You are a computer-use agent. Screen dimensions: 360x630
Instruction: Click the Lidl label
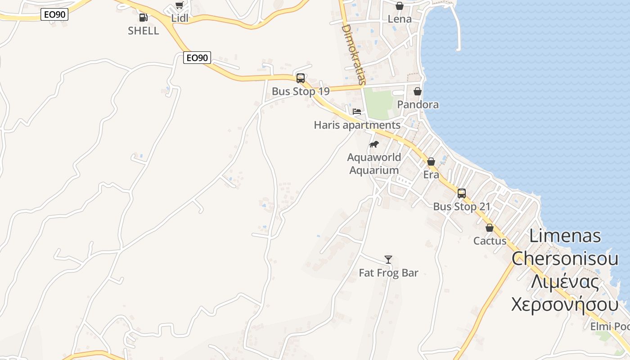coord(180,18)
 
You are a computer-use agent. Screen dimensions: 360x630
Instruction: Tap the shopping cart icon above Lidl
coord(180,5)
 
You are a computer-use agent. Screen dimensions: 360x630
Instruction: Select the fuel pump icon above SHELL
coord(143,18)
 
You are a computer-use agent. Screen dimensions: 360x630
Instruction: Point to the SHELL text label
coord(143,31)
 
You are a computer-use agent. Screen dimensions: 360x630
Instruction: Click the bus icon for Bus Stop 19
coord(301,78)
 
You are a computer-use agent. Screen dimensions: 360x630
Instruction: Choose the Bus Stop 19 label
coord(301,91)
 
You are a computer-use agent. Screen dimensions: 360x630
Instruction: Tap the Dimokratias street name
coord(353,54)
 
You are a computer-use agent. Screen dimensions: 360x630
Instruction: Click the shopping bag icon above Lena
coord(399,6)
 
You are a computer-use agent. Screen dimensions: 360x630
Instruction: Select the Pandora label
coord(418,104)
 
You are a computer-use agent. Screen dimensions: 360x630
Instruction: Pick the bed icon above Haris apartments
coord(357,112)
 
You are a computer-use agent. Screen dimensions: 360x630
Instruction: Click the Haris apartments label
coord(357,125)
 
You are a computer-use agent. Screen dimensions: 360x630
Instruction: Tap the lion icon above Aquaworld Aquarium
coord(373,144)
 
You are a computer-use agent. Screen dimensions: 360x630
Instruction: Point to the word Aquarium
coord(374,171)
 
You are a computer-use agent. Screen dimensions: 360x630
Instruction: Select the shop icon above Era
coord(431,162)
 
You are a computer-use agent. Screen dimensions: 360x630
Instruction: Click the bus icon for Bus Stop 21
coord(462,193)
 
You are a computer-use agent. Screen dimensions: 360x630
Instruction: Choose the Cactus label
coord(490,241)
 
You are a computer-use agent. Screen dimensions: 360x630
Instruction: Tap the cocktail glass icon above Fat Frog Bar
coord(388,260)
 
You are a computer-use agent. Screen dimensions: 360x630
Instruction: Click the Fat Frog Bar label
coord(388,273)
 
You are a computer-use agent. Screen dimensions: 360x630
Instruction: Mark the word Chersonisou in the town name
coord(565,258)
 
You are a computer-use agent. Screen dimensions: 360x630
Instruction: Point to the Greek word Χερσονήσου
coord(565,304)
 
